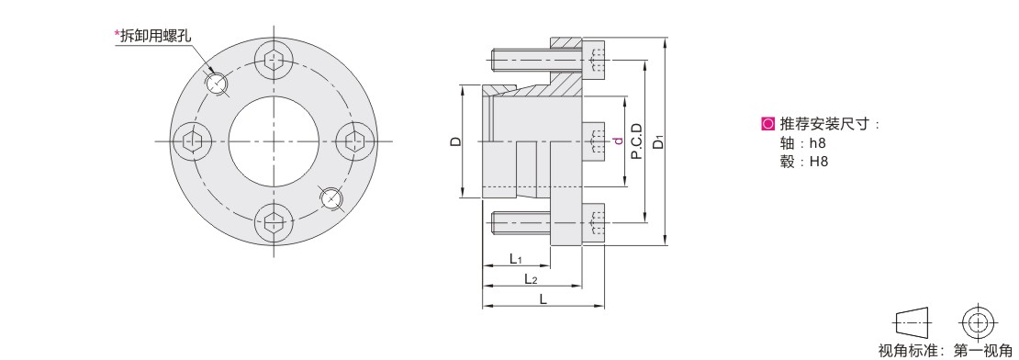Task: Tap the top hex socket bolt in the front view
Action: (x=274, y=61)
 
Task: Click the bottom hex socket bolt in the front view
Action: (x=274, y=222)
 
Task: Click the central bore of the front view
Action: (x=274, y=141)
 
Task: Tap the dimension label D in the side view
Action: (x=456, y=141)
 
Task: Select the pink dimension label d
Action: (x=618, y=141)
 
